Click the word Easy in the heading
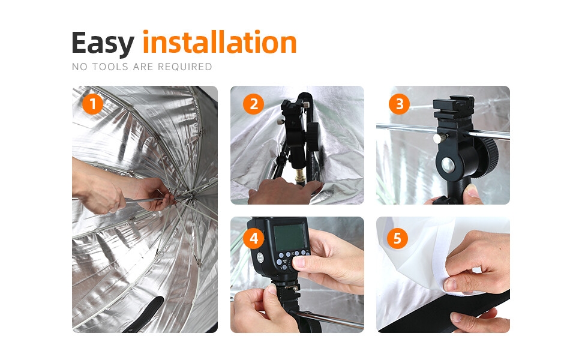(103, 44)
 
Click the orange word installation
(220, 42)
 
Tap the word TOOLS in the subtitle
(110, 67)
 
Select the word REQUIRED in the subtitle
(185, 67)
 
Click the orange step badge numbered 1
(92, 104)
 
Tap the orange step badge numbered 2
(254, 104)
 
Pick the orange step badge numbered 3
(400, 104)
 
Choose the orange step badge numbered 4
(254, 238)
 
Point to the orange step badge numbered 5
(397, 238)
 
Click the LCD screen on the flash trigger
(290, 237)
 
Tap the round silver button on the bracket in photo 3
(448, 166)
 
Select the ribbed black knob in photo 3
(489, 158)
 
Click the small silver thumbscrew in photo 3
(439, 139)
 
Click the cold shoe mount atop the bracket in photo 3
(454, 106)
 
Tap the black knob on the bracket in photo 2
(313, 137)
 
